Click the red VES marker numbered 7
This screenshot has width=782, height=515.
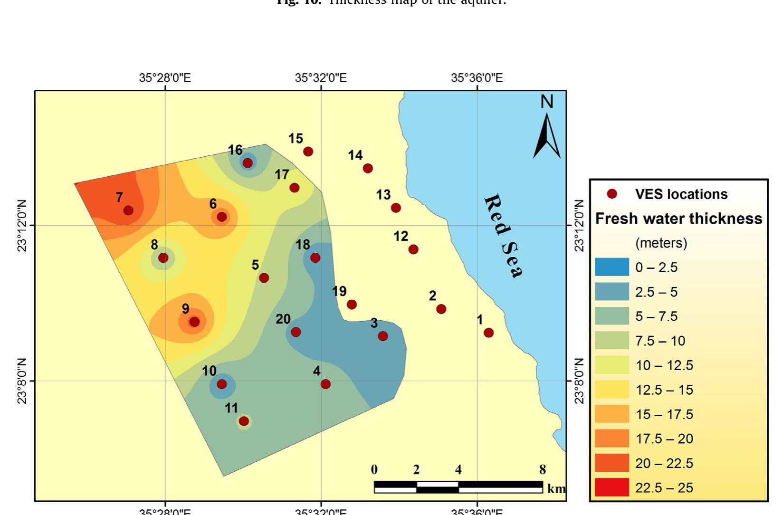pos(128,210)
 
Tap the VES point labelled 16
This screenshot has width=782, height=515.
pos(248,163)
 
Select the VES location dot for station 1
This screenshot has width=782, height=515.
pos(488,333)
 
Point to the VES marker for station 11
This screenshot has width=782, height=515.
pos(244,421)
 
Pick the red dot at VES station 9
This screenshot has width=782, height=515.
pos(194,322)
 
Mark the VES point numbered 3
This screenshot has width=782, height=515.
pos(383,336)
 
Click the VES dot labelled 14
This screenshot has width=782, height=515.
pos(368,168)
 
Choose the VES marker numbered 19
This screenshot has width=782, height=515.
pos(352,305)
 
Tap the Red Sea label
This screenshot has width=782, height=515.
pos(504,236)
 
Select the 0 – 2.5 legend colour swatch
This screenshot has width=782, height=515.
pos(612,267)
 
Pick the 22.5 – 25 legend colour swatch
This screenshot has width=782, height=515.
pos(612,487)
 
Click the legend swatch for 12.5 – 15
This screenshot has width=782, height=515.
pos(612,390)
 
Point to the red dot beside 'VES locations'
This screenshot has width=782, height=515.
pos(612,194)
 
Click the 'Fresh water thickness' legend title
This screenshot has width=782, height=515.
pos(678,219)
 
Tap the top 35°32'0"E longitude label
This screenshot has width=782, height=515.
pos(321,77)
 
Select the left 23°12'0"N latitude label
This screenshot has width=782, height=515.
pos(22,225)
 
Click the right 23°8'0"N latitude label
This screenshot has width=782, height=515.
pos(579,381)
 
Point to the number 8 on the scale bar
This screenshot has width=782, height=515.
pos(543,470)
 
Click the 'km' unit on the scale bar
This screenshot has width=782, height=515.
pos(556,488)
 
